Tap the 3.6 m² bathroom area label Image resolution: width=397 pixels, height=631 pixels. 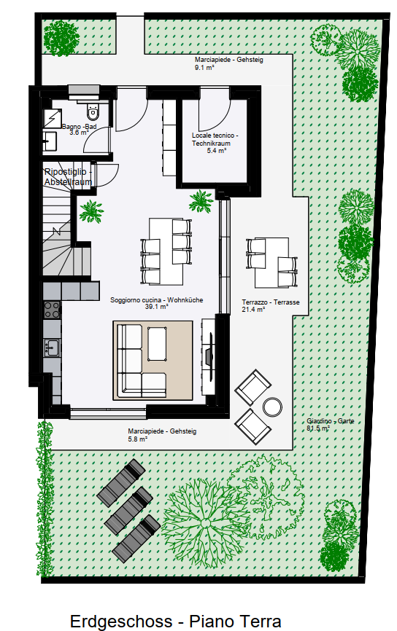pyautogui.click(x=79, y=133)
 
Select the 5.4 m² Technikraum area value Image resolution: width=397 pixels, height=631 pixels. pyautogui.click(x=217, y=151)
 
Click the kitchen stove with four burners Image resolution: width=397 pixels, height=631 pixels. pyautogui.click(x=52, y=310)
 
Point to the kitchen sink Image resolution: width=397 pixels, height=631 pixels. pyautogui.click(x=52, y=348)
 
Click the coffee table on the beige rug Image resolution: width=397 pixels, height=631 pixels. pyautogui.click(x=157, y=344)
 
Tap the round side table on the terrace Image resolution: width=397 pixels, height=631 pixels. pyautogui.click(x=272, y=407)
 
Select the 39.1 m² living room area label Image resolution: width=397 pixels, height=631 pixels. pyautogui.click(x=156, y=307)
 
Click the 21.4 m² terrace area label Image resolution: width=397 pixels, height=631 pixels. pyautogui.click(x=253, y=310)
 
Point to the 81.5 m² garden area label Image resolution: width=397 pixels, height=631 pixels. pyautogui.click(x=318, y=428)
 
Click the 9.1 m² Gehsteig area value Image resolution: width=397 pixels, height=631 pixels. pyautogui.click(x=204, y=68)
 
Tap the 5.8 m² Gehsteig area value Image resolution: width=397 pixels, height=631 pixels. pyautogui.click(x=137, y=439)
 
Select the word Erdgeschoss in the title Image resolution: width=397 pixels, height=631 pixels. pyautogui.click(x=121, y=622)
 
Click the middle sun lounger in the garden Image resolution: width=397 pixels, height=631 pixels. pyautogui.click(x=129, y=511)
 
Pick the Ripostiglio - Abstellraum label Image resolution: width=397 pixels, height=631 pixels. pyautogui.click(x=68, y=177)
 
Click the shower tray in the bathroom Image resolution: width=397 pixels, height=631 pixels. pyautogui.click(x=52, y=118)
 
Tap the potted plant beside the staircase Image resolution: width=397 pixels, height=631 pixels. pyautogui.click(x=91, y=211)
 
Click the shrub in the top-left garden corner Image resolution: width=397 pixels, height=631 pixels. pyautogui.click(x=61, y=38)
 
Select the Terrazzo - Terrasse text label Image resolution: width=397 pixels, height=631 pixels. pyautogui.click(x=271, y=302)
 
